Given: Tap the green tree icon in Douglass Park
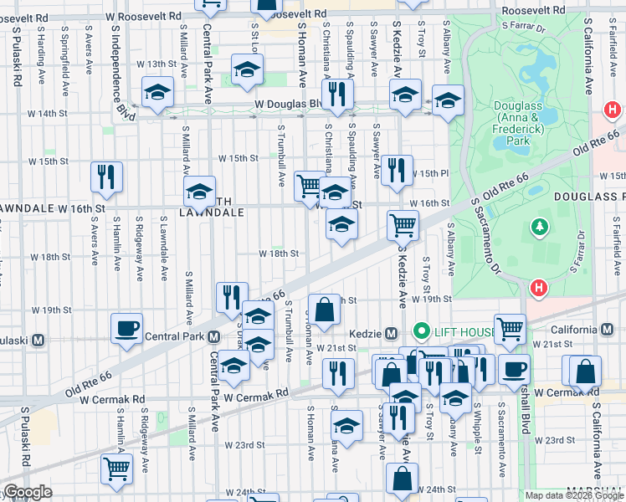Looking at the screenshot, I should (540, 227).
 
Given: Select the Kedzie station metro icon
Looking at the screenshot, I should (389, 332).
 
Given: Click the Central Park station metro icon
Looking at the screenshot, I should (214, 337).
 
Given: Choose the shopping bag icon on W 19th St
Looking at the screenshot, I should (324, 309).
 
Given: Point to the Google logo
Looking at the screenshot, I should (28, 492).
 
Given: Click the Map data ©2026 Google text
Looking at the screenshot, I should (574, 495).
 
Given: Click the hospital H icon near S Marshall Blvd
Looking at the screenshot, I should (539, 288).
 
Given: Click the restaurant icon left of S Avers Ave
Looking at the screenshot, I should (106, 176).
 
